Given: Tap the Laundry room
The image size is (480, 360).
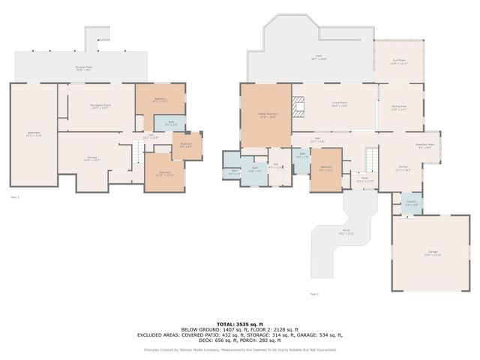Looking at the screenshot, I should (411, 203).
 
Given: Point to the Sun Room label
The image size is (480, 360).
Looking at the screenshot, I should (400, 62).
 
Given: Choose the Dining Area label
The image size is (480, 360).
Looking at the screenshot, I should (398, 109).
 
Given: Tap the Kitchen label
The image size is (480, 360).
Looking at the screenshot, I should (403, 168).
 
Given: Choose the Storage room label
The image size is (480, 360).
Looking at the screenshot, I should (91, 158).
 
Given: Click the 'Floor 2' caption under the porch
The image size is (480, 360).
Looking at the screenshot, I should (313, 294).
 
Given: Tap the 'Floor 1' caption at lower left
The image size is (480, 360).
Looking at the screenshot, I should (14, 196).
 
